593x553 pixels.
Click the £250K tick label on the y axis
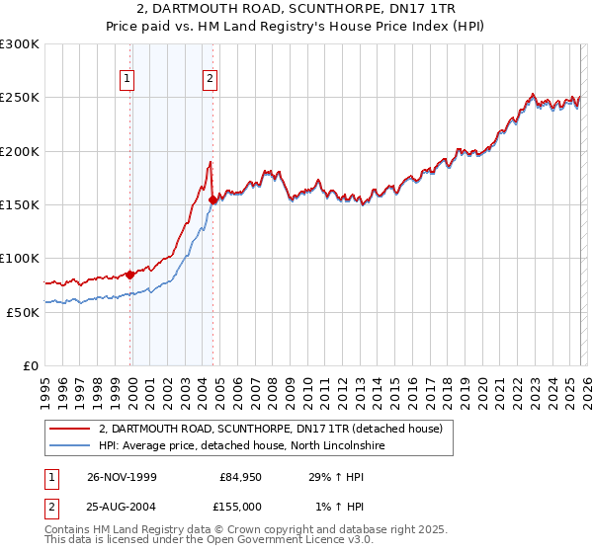click(x=19, y=98)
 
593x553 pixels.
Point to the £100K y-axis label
click(x=19, y=258)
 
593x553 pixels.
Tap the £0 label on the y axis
click(x=31, y=365)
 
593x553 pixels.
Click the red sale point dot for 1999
click(x=130, y=275)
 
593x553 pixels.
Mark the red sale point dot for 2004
click(x=213, y=199)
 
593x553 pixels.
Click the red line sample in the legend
click(x=70, y=429)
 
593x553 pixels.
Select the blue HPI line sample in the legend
click(x=70, y=445)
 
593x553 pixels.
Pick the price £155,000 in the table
click(x=241, y=506)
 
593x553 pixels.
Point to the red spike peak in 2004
click(x=211, y=161)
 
